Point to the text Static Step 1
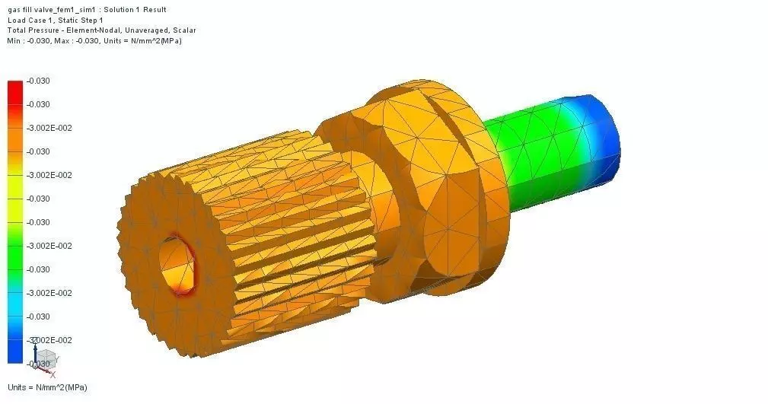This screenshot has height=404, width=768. tap(81, 21)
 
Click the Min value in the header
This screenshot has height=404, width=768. tap(37, 40)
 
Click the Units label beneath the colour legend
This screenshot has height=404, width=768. tap(47, 388)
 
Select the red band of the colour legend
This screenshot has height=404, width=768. tap(15, 91)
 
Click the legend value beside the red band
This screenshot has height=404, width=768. tap(38, 81)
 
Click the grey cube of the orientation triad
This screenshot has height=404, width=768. tap(46, 358)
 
